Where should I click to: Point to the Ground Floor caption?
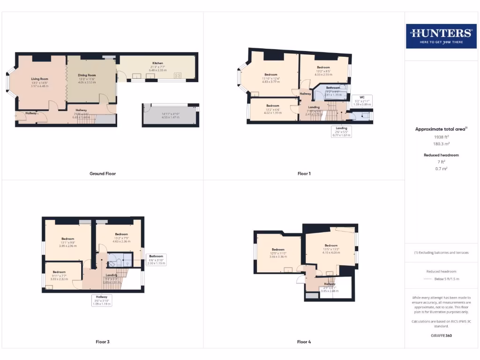point(103,173)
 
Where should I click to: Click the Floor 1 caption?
point(304,173)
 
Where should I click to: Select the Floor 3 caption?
point(102,342)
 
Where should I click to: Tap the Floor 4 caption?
point(304,342)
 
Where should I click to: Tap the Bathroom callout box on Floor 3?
point(156,260)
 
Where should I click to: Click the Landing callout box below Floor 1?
point(341,131)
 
